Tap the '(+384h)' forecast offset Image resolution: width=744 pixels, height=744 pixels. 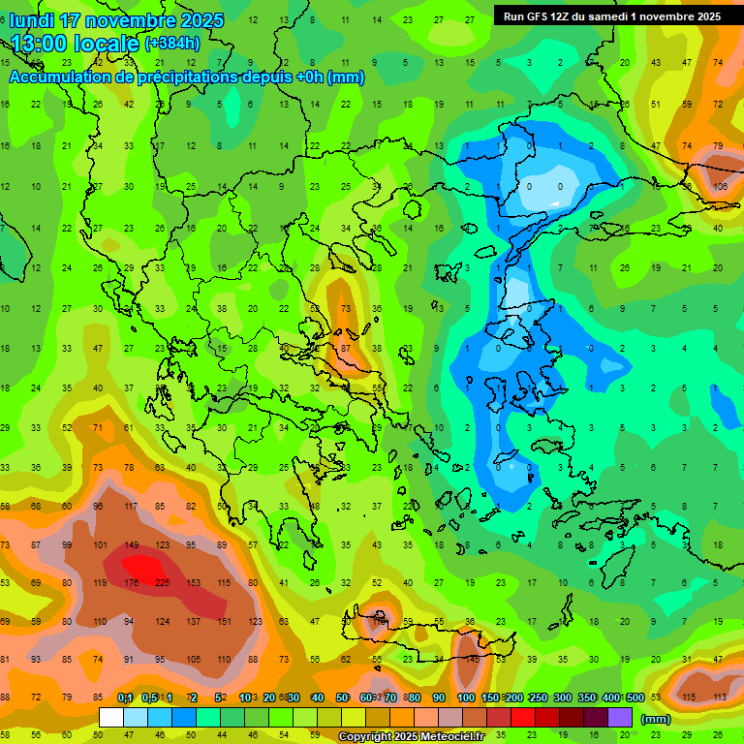tap(171, 43)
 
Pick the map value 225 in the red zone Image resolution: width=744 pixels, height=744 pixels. tap(163, 583)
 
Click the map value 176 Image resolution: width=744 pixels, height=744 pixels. tap(132, 583)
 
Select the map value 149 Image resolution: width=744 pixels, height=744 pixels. tap(132, 545)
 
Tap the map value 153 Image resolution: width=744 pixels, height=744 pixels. tap(194, 583)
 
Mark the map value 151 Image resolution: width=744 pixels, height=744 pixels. tap(225, 621)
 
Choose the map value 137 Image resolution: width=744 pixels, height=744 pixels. tap(194, 621)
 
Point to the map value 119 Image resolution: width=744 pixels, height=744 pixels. tap(101, 583)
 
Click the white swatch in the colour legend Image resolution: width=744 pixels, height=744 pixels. tap(111, 718)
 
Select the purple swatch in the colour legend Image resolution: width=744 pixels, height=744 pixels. tap(620, 718)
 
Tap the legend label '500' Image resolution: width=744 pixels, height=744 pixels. tap(635, 698)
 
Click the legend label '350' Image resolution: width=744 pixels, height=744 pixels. tap(586, 698)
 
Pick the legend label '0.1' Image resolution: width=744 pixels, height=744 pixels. tap(125, 698)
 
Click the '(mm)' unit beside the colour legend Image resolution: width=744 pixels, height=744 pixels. tap(656, 719)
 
